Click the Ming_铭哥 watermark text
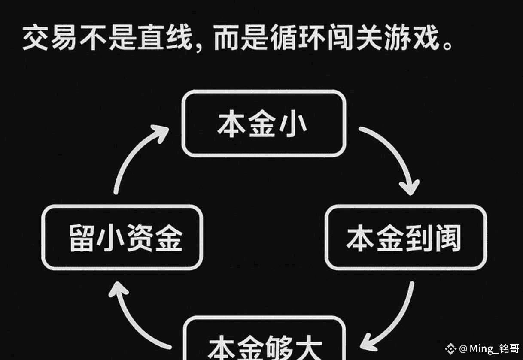(x=494, y=348)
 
